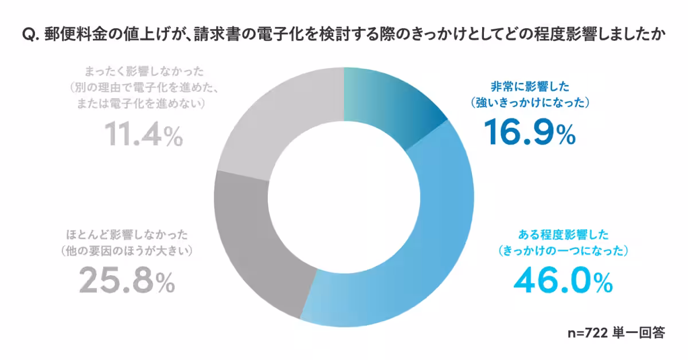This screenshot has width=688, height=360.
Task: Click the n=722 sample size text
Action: click(x=588, y=332)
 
